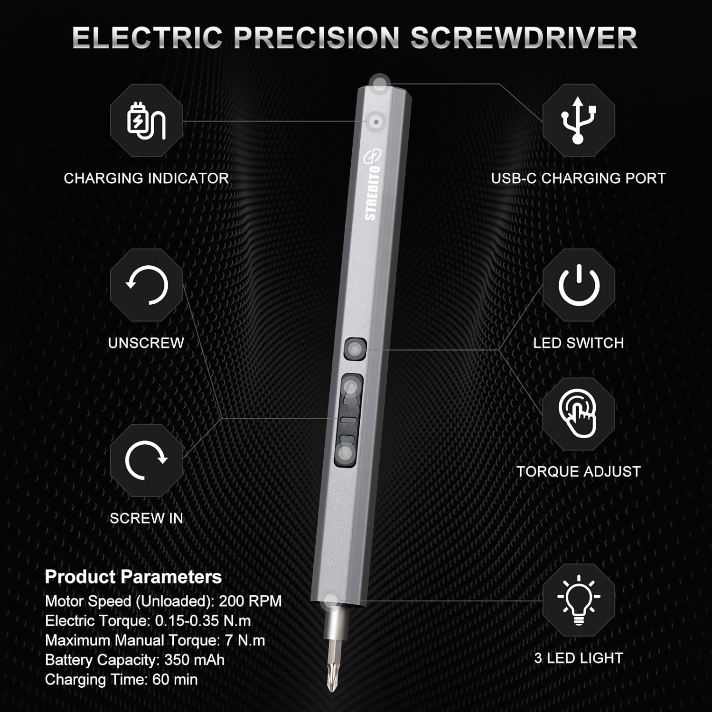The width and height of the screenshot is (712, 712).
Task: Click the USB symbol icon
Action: pos(578,121)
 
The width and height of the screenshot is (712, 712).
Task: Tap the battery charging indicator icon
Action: pos(146,121)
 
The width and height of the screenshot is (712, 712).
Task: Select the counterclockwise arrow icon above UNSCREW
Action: pos(146,285)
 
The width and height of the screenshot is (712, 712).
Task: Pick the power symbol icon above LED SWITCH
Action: pos(579,285)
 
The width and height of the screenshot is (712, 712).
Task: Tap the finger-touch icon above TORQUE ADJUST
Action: pos(578,413)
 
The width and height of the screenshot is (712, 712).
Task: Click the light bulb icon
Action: pos(579,600)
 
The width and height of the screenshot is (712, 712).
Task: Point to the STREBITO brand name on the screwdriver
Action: pos(373,192)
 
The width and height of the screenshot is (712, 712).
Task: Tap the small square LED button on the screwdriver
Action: pos(355,349)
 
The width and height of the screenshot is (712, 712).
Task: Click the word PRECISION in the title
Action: pos(317,37)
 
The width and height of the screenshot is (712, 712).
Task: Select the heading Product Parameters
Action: pos(133,577)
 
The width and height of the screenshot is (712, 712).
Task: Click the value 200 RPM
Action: pos(250,601)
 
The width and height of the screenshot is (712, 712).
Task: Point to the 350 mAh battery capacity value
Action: pos(194,660)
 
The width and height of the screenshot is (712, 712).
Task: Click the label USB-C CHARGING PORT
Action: pos(578,178)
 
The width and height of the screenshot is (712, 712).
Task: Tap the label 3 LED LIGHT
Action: pos(578,658)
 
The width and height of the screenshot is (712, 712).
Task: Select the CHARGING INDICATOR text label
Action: pos(146,178)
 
